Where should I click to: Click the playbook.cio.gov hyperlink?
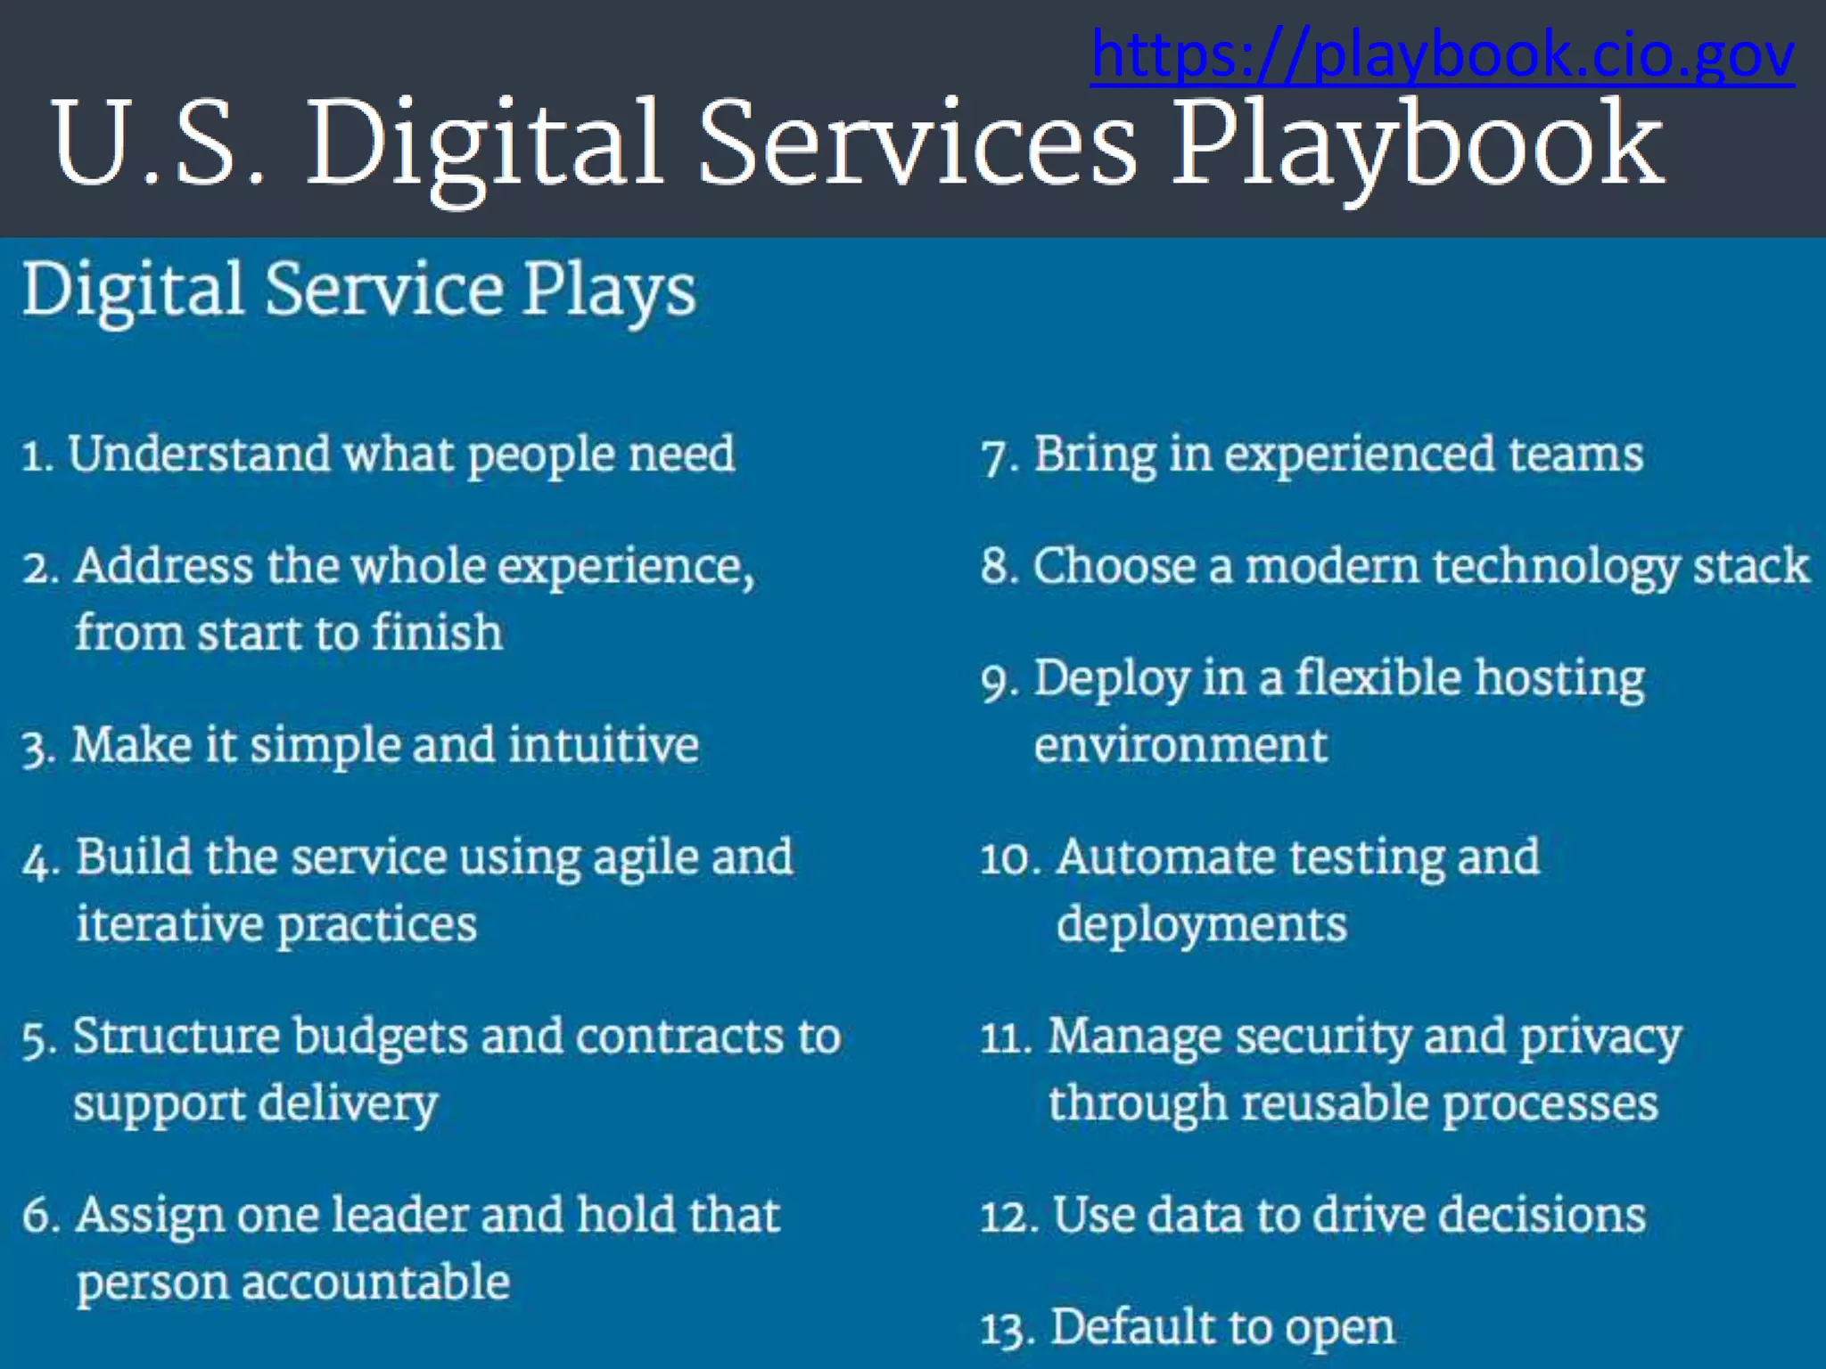click(1442, 55)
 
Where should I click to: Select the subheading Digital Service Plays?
click(358, 291)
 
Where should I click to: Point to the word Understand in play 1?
click(200, 454)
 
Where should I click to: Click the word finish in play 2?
click(437, 633)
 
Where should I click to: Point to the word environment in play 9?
click(1180, 745)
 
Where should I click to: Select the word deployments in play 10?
click(1201, 925)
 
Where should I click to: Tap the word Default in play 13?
click(1132, 1327)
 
